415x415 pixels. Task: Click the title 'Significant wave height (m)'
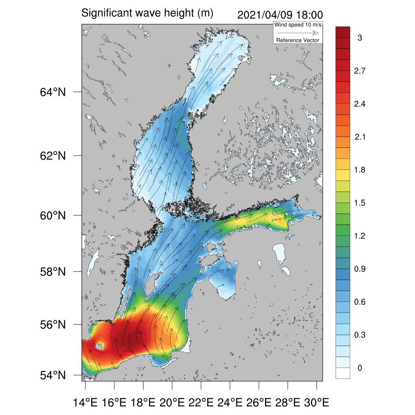tap(147, 13)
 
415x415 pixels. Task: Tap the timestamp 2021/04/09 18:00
tap(279, 15)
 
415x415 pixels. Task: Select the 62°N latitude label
tap(52, 156)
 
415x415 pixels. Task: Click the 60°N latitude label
tap(52, 215)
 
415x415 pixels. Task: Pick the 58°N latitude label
tap(52, 272)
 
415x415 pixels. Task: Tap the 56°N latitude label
tap(52, 325)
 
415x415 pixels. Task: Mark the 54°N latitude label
tap(52, 375)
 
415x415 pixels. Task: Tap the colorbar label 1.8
tap(359, 170)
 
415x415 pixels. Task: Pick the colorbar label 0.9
tap(359, 269)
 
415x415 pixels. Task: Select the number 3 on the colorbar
tap(359, 38)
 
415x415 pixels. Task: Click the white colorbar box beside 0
tap(342, 373)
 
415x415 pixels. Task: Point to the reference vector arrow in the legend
tap(297, 33)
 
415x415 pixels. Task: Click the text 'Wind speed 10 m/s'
tap(298, 25)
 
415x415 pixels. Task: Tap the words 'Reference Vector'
tap(298, 40)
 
